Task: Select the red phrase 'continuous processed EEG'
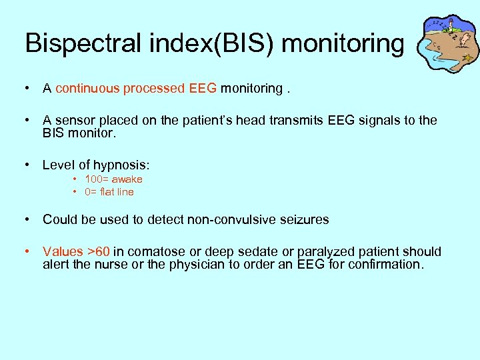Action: [x=136, y=88]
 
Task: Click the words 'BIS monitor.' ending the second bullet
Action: [x=79, y=133]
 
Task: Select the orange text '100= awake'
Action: [x=113, y=179]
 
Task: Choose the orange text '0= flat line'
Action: [x=109, y=192]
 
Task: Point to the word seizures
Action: [x=305, y=219]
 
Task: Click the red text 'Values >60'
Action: [x=76, y=251]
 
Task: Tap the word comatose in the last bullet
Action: [x=151, y=251]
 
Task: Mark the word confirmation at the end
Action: [x=383, y=264]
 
